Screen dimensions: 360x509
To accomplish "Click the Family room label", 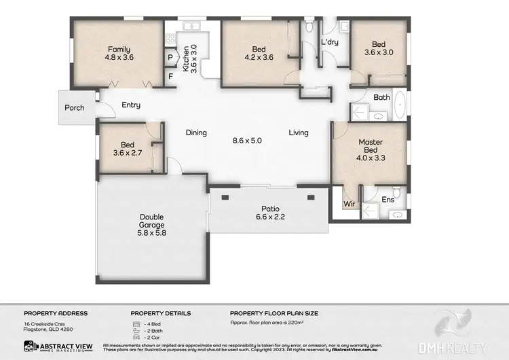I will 119,53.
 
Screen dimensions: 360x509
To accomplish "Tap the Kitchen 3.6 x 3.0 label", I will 187,58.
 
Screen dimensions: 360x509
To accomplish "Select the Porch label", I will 75,108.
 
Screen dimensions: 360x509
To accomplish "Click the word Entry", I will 131,105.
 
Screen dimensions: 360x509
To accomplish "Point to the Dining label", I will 196,133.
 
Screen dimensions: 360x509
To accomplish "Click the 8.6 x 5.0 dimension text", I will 247,141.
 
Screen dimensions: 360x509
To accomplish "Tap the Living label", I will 298,133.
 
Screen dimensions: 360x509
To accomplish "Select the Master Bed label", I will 371,147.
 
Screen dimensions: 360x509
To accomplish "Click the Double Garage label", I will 153,223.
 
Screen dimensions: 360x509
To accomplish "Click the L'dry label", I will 330,43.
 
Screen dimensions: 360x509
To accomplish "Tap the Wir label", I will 350,202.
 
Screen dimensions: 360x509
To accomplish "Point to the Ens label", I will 388,200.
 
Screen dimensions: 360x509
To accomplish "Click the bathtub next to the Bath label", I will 400,106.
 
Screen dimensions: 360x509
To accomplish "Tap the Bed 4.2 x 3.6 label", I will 259,53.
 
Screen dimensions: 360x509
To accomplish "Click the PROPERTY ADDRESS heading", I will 56,313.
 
